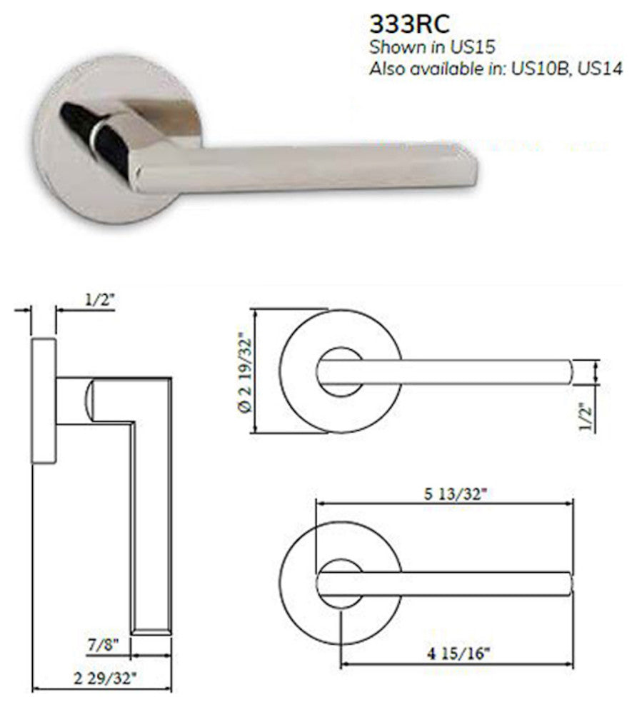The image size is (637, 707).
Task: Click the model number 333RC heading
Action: point(409,25)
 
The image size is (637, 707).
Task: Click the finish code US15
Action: point(471,47)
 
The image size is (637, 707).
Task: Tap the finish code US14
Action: point(600,69)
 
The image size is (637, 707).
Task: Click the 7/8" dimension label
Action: point(104,644)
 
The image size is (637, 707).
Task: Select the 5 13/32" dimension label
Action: point(456,493)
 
